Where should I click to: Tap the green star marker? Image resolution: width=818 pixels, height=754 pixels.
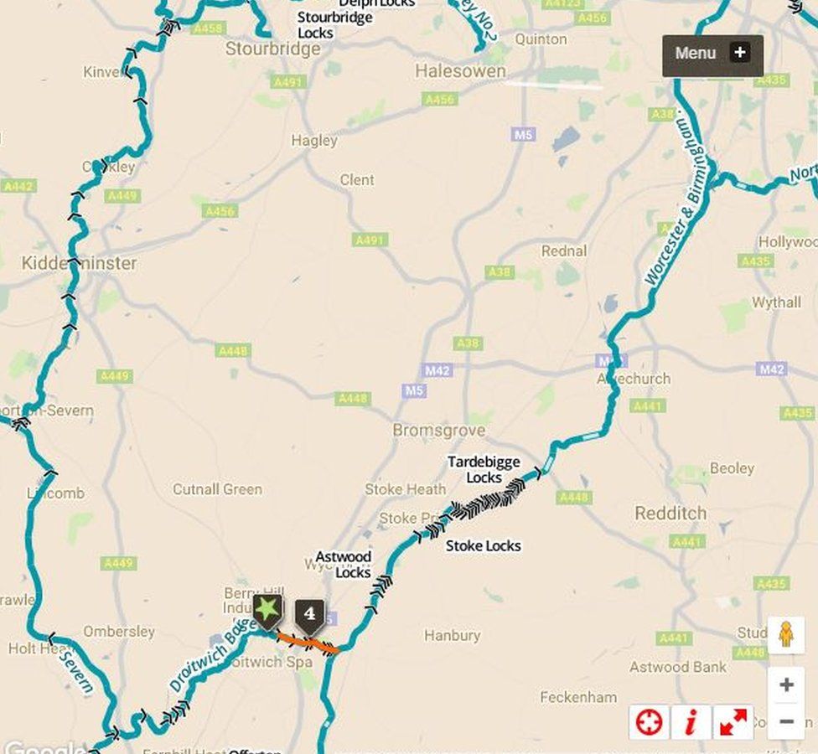267,610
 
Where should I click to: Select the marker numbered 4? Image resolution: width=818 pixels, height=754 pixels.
309,614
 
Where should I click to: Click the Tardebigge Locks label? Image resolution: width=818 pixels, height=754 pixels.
484,469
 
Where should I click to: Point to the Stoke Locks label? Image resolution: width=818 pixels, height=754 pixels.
483,545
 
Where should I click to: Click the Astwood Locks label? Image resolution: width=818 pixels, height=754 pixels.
344,565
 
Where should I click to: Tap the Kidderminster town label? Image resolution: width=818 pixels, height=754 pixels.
79,263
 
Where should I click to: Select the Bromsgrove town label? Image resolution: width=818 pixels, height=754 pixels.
439,430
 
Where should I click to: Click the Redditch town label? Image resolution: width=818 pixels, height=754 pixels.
670,513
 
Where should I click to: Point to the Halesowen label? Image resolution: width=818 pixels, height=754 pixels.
460,72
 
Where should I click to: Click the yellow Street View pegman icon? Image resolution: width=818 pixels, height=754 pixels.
785,635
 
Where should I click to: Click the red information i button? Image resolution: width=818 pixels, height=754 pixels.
691,722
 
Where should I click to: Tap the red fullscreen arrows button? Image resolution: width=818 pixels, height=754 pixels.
733,722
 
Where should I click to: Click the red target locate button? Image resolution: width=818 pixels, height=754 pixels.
650,722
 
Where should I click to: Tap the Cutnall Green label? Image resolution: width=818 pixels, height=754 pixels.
217,489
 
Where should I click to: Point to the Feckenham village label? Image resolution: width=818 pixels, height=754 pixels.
578,697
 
